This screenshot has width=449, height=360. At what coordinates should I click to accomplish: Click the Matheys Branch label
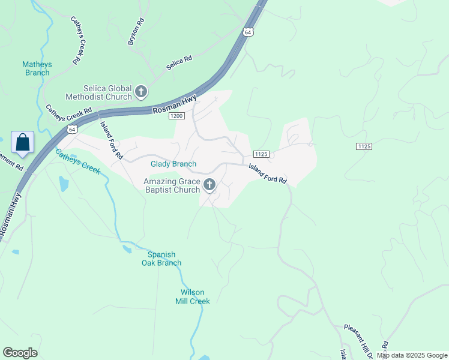click(x=37, y=68)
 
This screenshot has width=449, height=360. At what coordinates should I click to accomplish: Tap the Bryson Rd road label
click(x=136, y=31)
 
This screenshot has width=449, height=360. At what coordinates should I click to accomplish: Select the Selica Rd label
click(x=179, y=61)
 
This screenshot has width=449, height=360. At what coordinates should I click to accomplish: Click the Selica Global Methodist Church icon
click(x=141, y=92)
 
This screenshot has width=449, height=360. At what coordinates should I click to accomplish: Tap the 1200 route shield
click(x=176, y=116)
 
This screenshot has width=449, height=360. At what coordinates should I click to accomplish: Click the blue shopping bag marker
click(x=22, y=143)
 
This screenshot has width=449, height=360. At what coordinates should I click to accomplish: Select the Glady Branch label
click(x=173, y=164)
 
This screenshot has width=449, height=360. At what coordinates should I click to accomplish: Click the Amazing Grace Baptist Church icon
click(x=209, y=185)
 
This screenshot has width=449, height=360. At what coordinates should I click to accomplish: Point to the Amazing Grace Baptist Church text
click(x=171, y=185)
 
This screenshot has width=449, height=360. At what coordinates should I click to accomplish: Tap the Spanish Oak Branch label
click(x=161, y=258)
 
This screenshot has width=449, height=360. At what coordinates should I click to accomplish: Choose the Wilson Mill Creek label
click(x=192, y=297)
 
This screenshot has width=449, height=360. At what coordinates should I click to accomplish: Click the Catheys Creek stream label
click(x=77, y=161)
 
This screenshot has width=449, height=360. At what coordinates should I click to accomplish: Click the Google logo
click(x=20, y=353)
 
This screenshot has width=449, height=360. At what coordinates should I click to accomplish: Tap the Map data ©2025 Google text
click(x=412, y=355)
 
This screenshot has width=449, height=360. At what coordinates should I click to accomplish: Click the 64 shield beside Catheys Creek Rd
click(x=72, y=129)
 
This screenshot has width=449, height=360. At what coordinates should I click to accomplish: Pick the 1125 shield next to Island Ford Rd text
click(x=260, y=154)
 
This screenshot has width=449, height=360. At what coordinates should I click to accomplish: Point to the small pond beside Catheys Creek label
click(x=64, y=184)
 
